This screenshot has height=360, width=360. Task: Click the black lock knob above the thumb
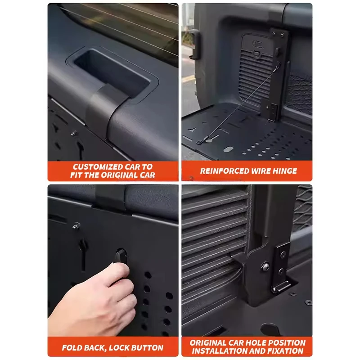120,256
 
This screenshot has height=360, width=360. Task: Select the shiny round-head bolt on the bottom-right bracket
267,265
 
